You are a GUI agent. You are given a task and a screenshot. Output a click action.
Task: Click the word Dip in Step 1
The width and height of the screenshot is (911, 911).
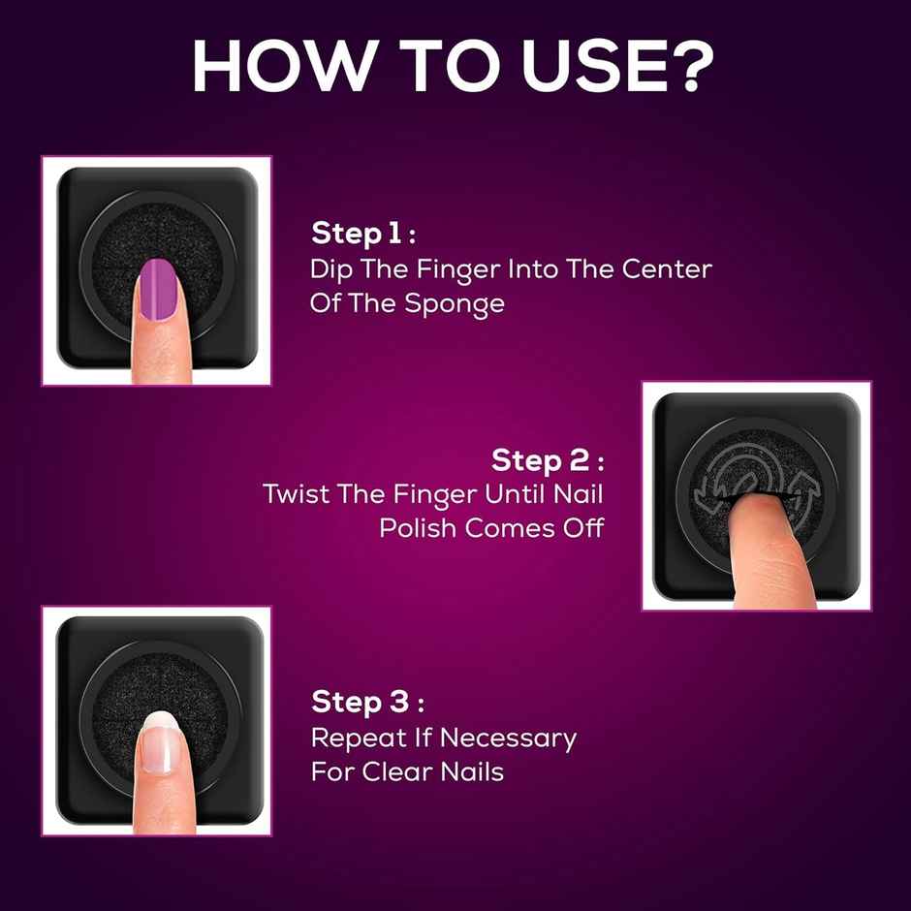tap(330, 268)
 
